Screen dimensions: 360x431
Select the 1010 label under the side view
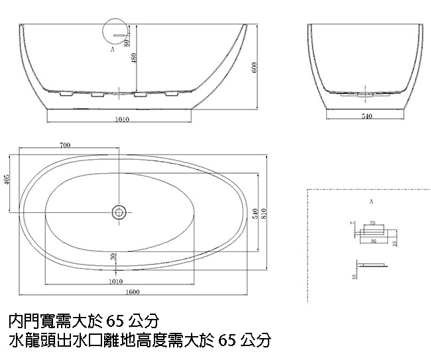pos(122,119)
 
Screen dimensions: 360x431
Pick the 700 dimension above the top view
pos(65,145)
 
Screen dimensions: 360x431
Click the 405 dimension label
pos(7,181)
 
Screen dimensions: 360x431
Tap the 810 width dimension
pos(264,213)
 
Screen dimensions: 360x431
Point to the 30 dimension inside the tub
pos(113,255)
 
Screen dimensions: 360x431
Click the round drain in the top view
pos(119,212)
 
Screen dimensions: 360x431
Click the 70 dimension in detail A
pos(372,223)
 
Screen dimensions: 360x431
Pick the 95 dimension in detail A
pos(374,242)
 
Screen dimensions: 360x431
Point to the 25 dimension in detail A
pos(395,243)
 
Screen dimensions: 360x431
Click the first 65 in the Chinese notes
pos(115,322)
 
